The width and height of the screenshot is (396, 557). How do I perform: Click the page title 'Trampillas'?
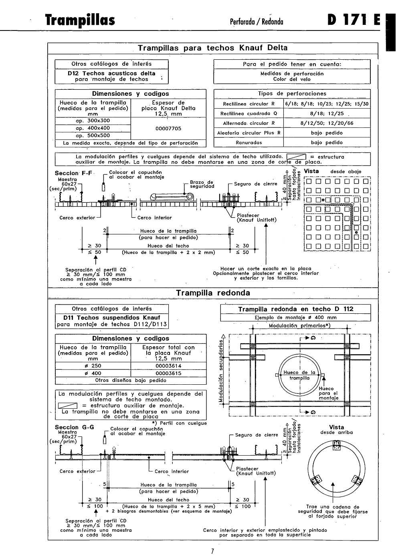click(80, 20)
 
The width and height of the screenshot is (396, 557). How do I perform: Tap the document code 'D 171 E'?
click(354, 20)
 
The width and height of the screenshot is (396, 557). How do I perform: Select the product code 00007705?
click(168, 129)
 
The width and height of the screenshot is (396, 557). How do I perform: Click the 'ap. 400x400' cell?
click(93, 128)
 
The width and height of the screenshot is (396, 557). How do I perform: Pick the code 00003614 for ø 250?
click(168, 366)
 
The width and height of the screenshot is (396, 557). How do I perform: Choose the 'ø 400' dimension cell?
click(93, 373)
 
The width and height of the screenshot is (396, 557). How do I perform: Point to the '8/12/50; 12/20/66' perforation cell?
click(327, 123)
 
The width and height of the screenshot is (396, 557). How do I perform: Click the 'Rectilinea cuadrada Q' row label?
click(249, 114)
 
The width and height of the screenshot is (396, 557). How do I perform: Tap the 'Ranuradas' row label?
click(249, 143)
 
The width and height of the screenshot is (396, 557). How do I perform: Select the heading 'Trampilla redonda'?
click(213, 293)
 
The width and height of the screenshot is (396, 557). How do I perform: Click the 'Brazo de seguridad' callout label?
click(202, 184)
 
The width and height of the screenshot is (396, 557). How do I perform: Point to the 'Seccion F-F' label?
click(73, 173)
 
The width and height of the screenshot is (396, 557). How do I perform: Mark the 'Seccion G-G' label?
click(75, 427)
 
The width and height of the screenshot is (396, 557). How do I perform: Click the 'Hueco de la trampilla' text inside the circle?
click(299, 375)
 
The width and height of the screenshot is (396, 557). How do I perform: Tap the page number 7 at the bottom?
click(212, 551)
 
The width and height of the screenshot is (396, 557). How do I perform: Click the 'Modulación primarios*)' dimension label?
click(299, 326)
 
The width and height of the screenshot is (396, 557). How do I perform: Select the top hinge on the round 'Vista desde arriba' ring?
click(336, 445)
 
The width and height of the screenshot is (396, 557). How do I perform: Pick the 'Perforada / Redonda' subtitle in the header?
click(257, 22)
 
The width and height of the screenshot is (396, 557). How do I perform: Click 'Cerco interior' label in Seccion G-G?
click(172, 472)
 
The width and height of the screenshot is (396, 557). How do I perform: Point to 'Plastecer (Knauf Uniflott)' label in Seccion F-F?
click(257, 218)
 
